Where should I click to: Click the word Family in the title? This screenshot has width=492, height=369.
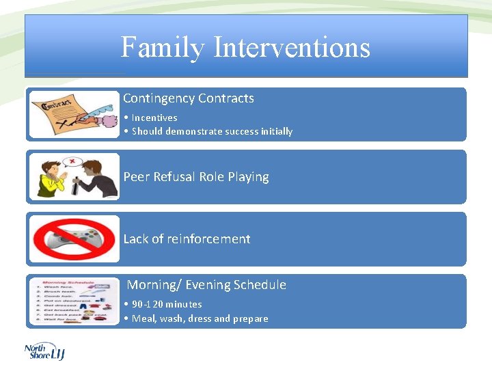[x=163, y=48]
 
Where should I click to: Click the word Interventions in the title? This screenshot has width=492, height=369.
[x=292, y=48]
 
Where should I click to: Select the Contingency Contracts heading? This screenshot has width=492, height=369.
[x=188, y=98]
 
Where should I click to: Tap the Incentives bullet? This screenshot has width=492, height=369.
[x=154, y=118]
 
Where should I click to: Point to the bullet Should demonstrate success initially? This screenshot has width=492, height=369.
[x=212, y=131]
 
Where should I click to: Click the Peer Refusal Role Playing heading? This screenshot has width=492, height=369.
[x=196, y=177]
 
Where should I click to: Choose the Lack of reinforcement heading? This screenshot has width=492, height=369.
[x=187, y=239]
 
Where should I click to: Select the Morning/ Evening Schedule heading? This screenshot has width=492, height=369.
[x=206, y=285]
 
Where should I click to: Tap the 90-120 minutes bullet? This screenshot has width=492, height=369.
[x=167, y=304]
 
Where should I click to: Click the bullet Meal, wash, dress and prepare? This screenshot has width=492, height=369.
[x=200, y=318]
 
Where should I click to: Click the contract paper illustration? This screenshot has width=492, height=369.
[x=74, y=114]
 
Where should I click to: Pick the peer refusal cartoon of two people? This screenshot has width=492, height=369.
[x=74, y=177]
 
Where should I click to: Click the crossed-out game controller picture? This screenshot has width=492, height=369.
[x=74, y=239]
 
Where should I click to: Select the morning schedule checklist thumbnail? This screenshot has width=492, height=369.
[x=74, y=301]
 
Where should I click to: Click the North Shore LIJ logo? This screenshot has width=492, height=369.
[x=44, y=351]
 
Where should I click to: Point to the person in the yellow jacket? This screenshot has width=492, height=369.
[x=52, y=181]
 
